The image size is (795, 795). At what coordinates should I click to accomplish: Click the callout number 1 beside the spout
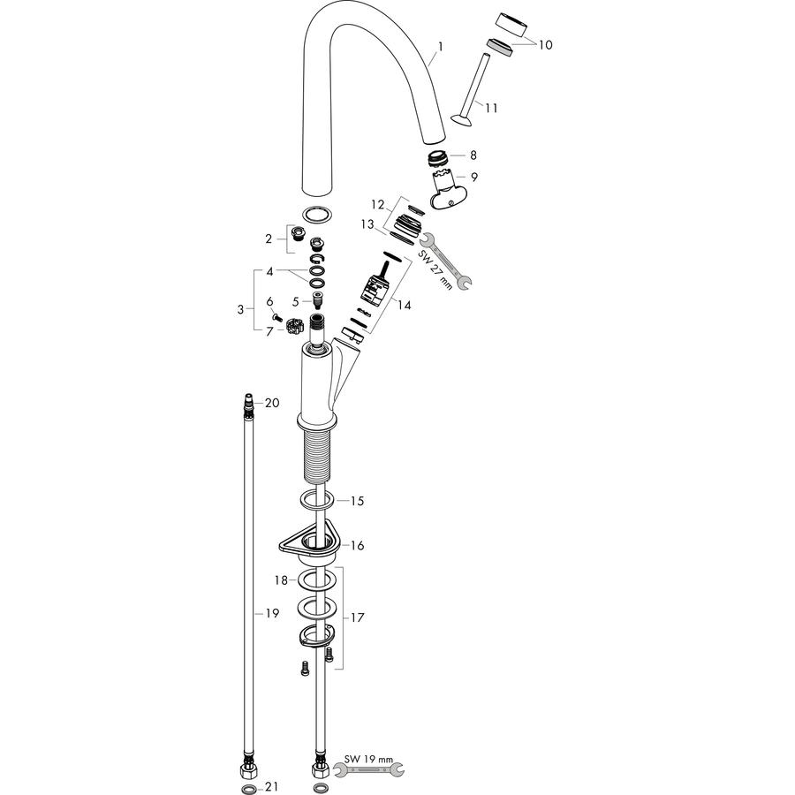coord(441,47)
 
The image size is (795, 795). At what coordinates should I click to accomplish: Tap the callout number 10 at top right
coord(545,45)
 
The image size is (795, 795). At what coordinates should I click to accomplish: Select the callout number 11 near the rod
coord(491,108)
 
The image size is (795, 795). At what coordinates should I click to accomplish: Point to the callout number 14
coord(404,306)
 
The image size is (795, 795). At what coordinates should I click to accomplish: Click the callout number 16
coord(358,546)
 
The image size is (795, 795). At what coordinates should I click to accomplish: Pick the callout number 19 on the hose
coord(272,614)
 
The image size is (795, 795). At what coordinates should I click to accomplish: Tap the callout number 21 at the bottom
coord(272,786)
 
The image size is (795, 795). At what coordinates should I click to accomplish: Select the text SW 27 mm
coord(435,269)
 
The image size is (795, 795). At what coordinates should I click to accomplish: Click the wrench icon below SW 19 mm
coord(368,770)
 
